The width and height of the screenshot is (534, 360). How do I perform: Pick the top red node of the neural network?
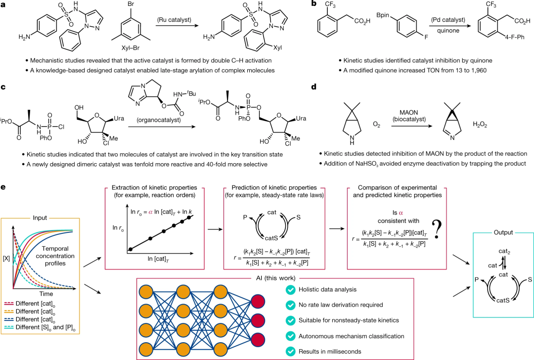click(x=259, y=301)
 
